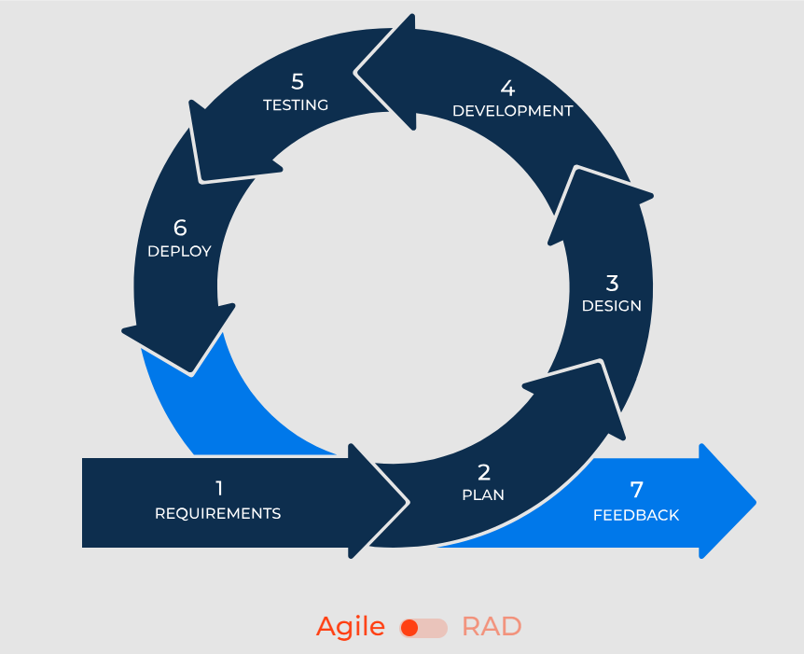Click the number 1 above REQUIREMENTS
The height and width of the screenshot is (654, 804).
(x=218, y=488)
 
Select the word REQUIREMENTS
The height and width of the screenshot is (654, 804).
(x=217, y=513)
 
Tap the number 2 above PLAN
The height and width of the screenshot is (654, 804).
(x=483, y=473)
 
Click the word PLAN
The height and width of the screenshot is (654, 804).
(x=483, y=495)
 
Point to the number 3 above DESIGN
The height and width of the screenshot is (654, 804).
(x=612, y=283)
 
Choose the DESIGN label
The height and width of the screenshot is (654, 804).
(x=612, y=306)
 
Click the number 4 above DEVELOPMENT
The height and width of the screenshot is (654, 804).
(x=507, y=89)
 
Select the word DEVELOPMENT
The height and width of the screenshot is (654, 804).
(x=512, y=111)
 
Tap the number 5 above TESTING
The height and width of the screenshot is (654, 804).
(x=297, y=81)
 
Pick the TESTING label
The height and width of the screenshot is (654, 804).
(x=296, y=105)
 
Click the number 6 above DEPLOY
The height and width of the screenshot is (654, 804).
(x=180, y=228)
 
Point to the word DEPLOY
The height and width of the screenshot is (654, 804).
(x=179, y=251)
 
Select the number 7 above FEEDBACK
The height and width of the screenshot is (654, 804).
(x=636, y=490)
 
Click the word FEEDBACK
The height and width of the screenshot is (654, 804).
(x=636, y=515)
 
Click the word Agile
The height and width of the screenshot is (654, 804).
(x=350, y=627)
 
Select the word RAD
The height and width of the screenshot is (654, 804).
(x=492, y=627)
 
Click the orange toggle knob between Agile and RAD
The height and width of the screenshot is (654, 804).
(x=409, y=628)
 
